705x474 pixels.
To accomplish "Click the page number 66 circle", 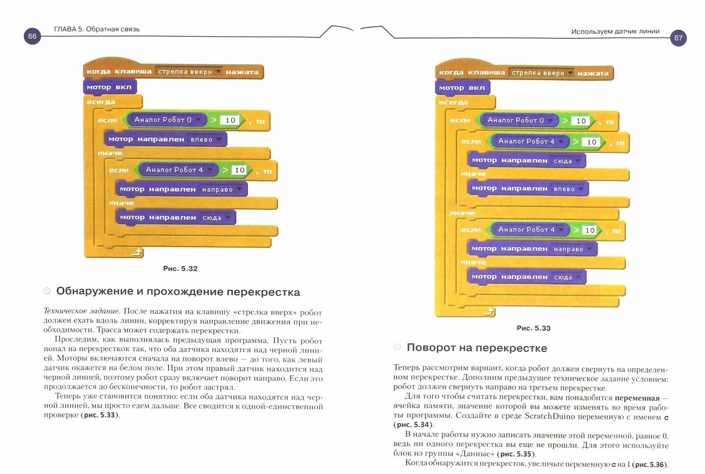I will coord(32,36).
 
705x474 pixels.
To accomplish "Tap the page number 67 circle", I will coord(678,38).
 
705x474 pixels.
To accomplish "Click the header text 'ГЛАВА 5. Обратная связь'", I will coord(97,29).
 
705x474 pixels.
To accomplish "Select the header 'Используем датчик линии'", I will coord(615,31).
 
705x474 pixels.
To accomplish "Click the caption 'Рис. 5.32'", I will coord(180,268).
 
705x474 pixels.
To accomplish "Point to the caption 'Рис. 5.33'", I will coord(533,328).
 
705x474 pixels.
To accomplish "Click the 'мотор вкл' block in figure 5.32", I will coord(109,87).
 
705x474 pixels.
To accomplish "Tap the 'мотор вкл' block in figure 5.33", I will coord(461,88).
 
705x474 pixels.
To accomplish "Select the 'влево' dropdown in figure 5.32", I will coord(206,139).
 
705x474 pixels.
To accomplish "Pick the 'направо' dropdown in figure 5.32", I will coord(221,189).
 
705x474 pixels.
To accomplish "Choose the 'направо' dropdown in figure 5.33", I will coord(572,249).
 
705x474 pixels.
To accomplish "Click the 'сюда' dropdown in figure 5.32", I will coord(216,218).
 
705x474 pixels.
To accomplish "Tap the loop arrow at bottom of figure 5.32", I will coord(136,253).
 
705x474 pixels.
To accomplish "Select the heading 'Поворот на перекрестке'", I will coord(477,348).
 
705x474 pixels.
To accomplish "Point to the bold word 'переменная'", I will coord(637,398).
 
